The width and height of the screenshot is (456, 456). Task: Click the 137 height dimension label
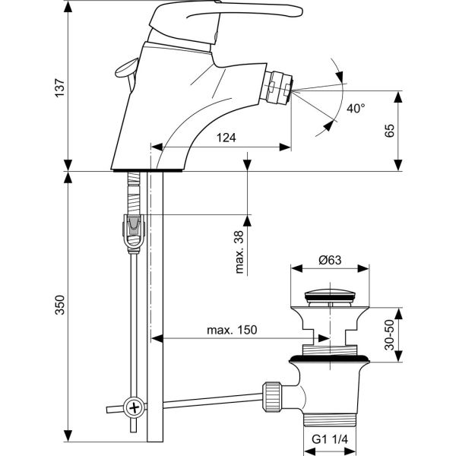click(59, 87)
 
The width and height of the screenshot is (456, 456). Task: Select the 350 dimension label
click(59, 305)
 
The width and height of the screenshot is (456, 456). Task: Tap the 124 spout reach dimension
click(226, 138)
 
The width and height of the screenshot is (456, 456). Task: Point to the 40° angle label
click(356, 109)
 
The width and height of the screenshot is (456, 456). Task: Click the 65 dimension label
click(389, 131)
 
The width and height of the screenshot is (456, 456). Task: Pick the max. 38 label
click(239, 252)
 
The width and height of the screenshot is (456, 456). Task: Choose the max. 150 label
click(232, 330)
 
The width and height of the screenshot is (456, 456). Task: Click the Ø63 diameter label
click(330, 260)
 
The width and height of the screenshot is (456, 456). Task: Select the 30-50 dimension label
click(389, 334)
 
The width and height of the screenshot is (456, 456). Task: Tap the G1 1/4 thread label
click(330, 439)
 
